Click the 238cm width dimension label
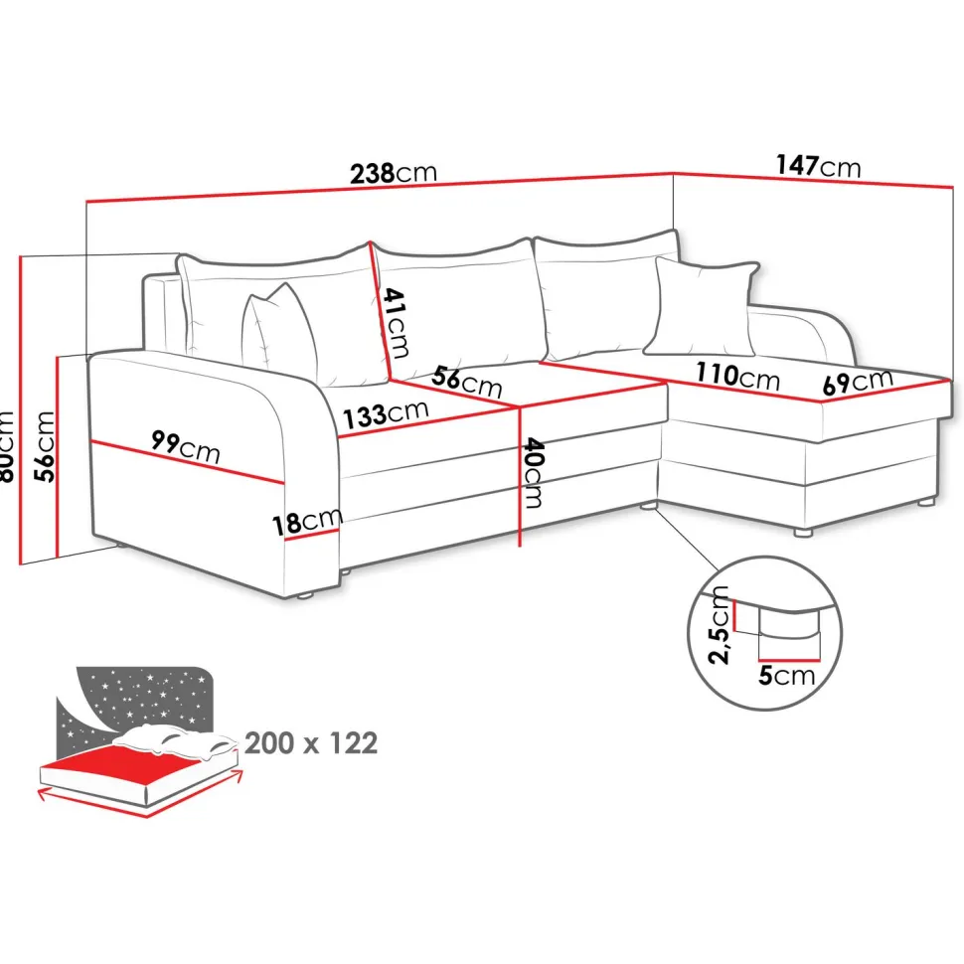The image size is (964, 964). (x=394, y=173)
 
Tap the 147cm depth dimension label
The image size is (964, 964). (x=818, y=166)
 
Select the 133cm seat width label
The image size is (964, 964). (x=385, y=414)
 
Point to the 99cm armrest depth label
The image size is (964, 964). (x=185, y=446)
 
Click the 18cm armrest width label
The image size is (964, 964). (x=307, y=522)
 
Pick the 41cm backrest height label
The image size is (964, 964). (x=395, y=323)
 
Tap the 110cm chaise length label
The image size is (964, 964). (x=737, y=376)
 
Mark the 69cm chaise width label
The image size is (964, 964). (x=858, y=382)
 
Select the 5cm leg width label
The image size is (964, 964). (x=786, y=675)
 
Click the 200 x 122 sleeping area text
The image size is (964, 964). (x=311, y=743)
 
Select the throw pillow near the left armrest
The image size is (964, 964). (x=279, y=334)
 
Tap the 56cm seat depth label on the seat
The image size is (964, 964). (x=467, y=382)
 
